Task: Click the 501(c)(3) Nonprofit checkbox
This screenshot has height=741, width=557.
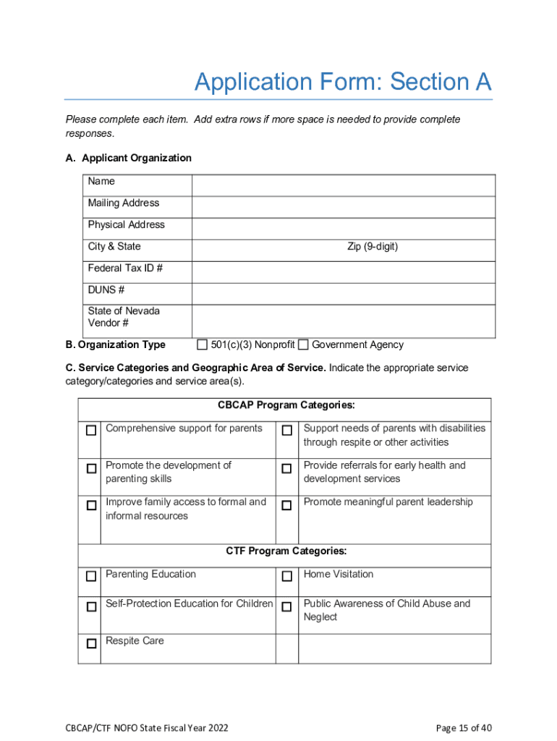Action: [x=203, y=344]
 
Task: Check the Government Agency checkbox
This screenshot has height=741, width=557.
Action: [x=304, y=344]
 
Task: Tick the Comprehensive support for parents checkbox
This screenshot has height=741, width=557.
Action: [x=91, y=431]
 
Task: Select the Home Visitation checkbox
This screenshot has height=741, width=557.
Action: [x=287, y=577]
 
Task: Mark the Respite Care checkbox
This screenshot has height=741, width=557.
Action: [x=91, y=643]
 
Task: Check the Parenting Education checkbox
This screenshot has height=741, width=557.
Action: [x=91, y=577]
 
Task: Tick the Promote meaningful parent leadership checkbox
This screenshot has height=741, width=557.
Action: [x=287, y=504]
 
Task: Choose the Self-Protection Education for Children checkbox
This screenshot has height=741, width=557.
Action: [x=91, y=606]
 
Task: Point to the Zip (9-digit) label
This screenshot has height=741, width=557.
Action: [x=373, y=247]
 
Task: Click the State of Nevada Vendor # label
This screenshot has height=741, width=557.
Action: [x=124, y=317]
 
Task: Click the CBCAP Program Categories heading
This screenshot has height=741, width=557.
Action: [x=286, y=405]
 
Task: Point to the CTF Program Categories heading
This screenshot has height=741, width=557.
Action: [x=286, y=551]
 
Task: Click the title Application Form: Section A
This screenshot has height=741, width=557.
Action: [x=343, y=82]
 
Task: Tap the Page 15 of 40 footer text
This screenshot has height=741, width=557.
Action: [x=464, y=727]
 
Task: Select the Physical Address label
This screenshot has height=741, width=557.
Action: [x=126, y=225]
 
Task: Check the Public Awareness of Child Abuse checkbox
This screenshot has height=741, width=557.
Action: [x=287, y=606]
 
